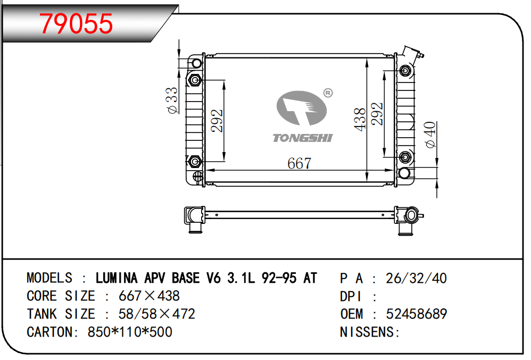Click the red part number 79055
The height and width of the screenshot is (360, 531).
(76, 23)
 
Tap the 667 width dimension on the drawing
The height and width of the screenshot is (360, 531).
(300, 164)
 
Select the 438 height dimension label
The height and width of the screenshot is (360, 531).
(360, 120)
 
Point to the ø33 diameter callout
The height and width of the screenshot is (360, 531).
(172, 101)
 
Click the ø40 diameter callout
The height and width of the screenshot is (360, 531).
(430, 135)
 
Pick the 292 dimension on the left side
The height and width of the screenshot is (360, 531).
(217, 121)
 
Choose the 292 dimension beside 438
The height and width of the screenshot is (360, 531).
(377, 114)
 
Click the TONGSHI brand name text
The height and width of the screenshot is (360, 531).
(303, 138)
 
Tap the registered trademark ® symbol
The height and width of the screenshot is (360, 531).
(328, 93)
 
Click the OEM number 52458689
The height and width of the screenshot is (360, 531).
(416, 314)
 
